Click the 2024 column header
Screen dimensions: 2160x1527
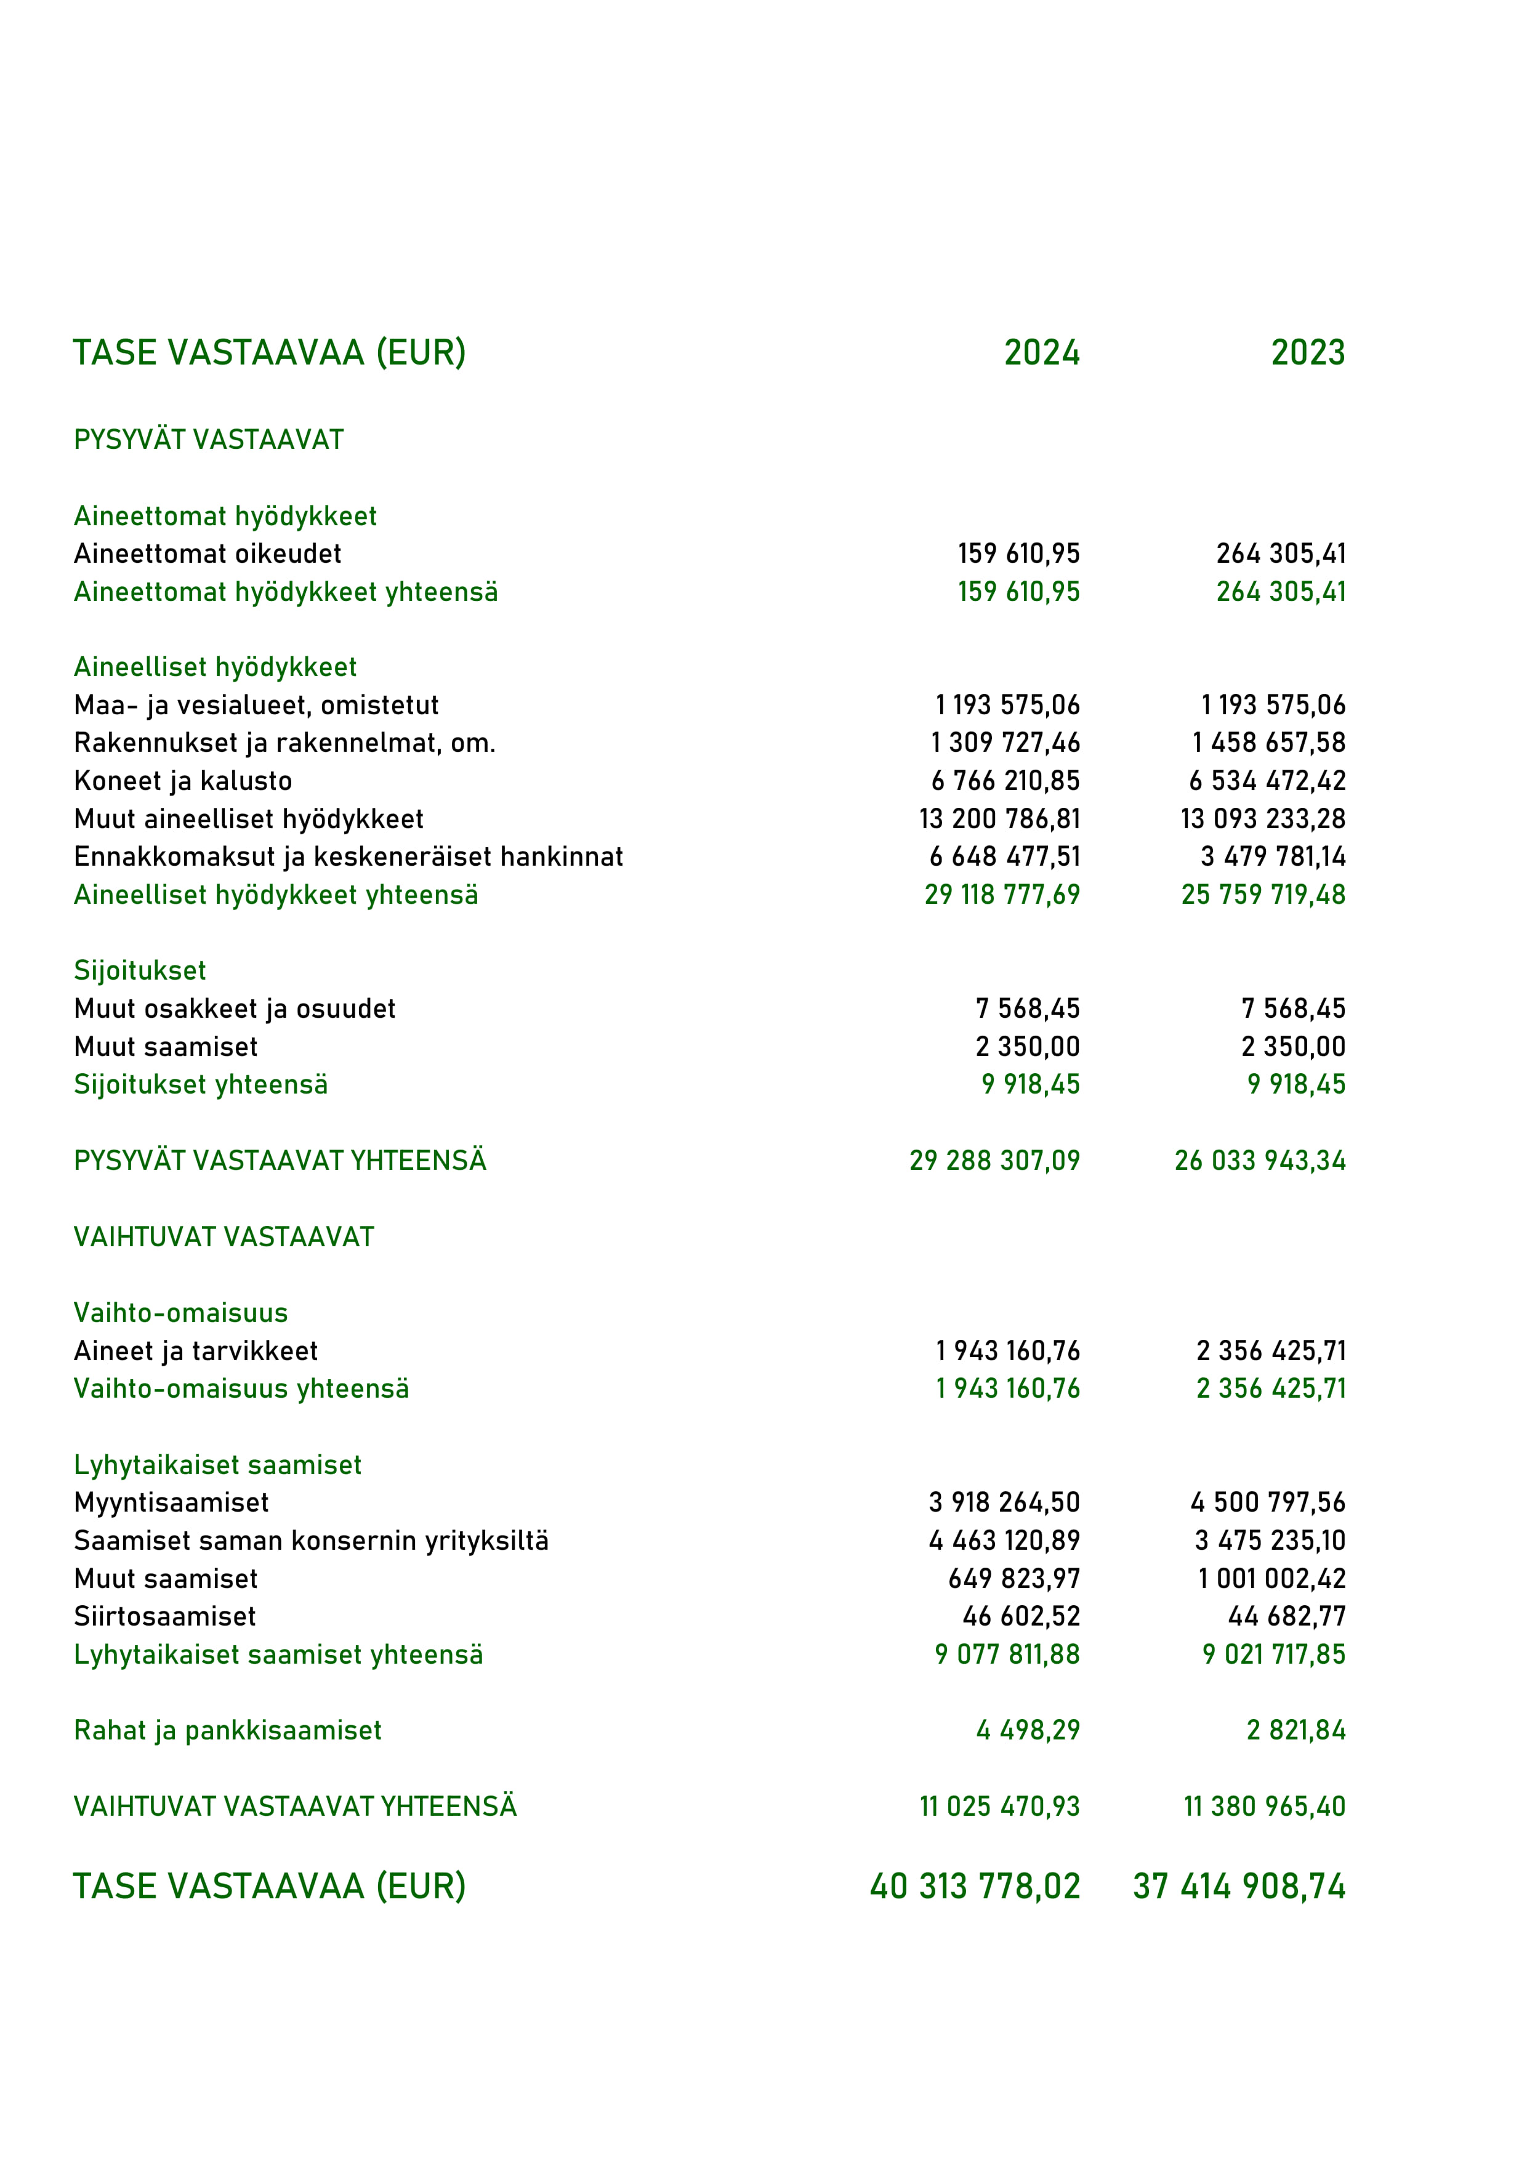(1042, 353)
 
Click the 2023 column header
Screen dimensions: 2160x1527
(1308, 353)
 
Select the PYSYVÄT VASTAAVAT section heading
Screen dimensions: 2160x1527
(209, 440)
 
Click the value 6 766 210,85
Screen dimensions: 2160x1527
(1005, 781)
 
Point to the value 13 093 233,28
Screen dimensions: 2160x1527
(1263, 818)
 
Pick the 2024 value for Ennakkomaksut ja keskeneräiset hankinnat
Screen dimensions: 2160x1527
(1005, 856)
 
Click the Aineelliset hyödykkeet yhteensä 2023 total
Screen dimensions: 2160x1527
(1263, 895)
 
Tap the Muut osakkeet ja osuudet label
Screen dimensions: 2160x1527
(234, 1009)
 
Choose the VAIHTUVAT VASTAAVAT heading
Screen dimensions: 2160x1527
(224, 1237)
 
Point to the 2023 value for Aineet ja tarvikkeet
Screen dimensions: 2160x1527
(1271, 1351)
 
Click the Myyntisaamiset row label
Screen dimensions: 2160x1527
(171, 1502)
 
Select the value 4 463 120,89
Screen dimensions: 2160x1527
(1005, 1541)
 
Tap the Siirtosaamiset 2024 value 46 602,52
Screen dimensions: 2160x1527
(1021, 1616)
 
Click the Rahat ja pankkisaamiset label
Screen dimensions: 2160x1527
(228, 1730)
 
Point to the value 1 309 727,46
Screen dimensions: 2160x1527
(1005, 743)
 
